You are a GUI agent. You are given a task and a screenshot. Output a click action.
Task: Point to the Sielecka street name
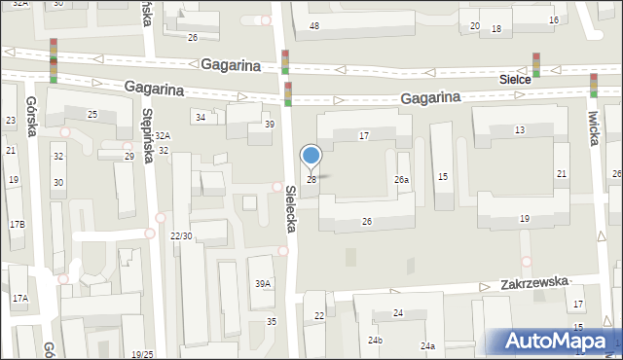pos(290,209)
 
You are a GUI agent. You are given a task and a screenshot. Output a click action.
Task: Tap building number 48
pos(314,25)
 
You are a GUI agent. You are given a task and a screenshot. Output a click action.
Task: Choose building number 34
pos(201,118)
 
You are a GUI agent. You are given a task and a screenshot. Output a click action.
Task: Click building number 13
pos(520,129)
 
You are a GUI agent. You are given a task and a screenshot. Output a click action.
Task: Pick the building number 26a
pos(401,180)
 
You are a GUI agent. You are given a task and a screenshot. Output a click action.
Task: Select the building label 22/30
pos(180,236)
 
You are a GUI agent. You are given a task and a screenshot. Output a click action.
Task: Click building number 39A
pos(263,284)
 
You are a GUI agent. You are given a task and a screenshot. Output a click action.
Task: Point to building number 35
pos(272,322)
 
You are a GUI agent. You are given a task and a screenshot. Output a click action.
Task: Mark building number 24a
pos(427,346)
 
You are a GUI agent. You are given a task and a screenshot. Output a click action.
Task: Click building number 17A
pos(19,299)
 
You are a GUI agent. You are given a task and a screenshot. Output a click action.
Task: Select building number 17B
pos(18,225)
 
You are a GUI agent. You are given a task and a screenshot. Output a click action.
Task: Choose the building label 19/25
pos(142,354)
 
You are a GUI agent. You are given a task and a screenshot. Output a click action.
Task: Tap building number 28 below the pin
pos(311,179)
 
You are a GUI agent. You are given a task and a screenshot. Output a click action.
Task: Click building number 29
pos(128,156)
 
